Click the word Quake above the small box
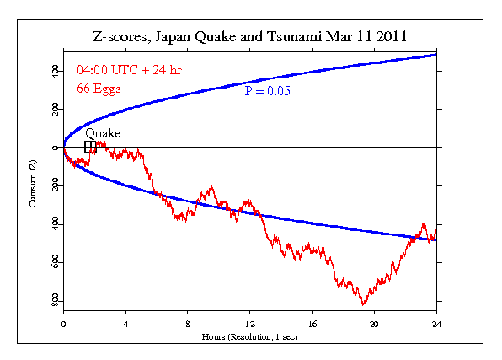coord(103,133)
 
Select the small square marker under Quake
coord(90,148)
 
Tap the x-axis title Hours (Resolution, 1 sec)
coord(250,336)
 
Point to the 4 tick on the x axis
coord(125,324)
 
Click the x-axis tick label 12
coord(250,324)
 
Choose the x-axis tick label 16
coord(312,324)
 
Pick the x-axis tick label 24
coord(436,324)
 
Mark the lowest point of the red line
coord(364,304)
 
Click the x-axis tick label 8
coord(188,324)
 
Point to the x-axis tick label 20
coord(375,324)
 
